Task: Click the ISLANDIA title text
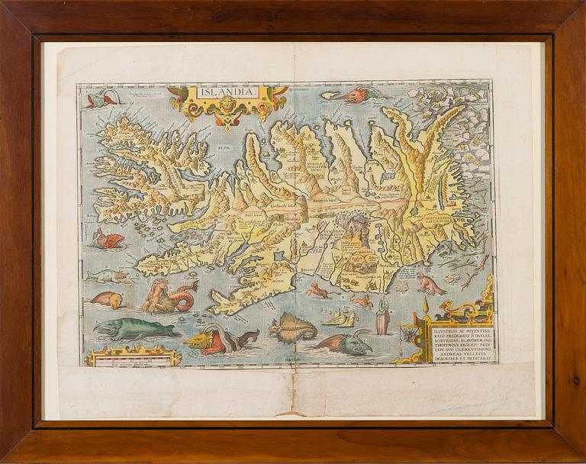(x=227, y=92)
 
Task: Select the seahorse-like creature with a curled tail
(x=169, y=296)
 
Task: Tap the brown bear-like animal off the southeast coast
(x=430, y=285)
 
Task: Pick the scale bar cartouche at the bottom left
(x=133, y=356)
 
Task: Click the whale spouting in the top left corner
(x=101, y=97)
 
